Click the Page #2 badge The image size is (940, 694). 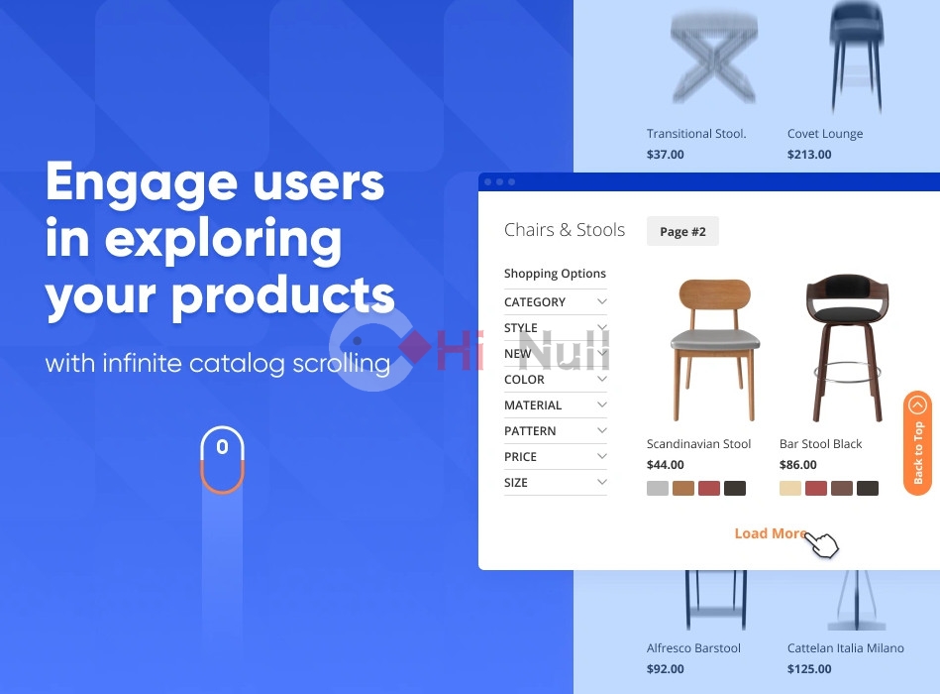(x=682, y=231)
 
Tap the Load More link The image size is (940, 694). (x=771, y=533)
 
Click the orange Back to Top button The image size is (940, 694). (x=917, y=443)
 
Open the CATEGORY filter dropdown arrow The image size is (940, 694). (x=602, y=301)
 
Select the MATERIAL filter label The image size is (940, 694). (x=533, y=405)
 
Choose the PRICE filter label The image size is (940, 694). (x=520, y=456)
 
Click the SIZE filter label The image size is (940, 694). (x=515, y=482)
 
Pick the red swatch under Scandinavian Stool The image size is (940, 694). (x=708, y=488)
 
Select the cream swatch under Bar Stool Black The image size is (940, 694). (x=790, y=488)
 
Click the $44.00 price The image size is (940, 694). (x=666, y=464)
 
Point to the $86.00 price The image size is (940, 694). (x=798, y=464)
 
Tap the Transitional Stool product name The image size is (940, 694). (x=696, y=133)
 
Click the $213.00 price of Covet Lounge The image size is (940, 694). (x=809, y=154)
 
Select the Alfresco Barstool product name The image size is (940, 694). (x=693, y=647)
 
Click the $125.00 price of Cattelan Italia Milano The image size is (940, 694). (x=809, y=669)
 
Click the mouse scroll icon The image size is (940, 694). (x=223, y=459)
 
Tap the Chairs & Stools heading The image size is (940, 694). (x=565, y=230)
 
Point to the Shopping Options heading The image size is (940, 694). (x=555, y=274)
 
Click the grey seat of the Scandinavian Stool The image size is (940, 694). (x=714, y=339)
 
